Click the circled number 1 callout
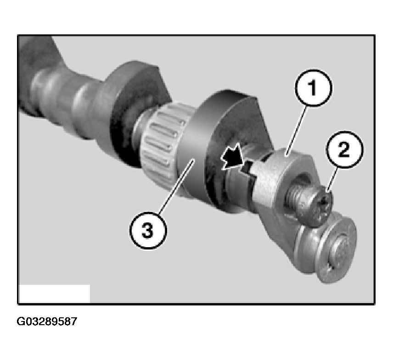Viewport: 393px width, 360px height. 313,88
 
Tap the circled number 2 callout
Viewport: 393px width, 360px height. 344,150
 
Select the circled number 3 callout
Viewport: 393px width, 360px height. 148,230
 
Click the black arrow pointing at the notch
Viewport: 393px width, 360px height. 232,158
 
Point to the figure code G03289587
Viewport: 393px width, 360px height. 47,321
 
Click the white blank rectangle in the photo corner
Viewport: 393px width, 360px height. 54,294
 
